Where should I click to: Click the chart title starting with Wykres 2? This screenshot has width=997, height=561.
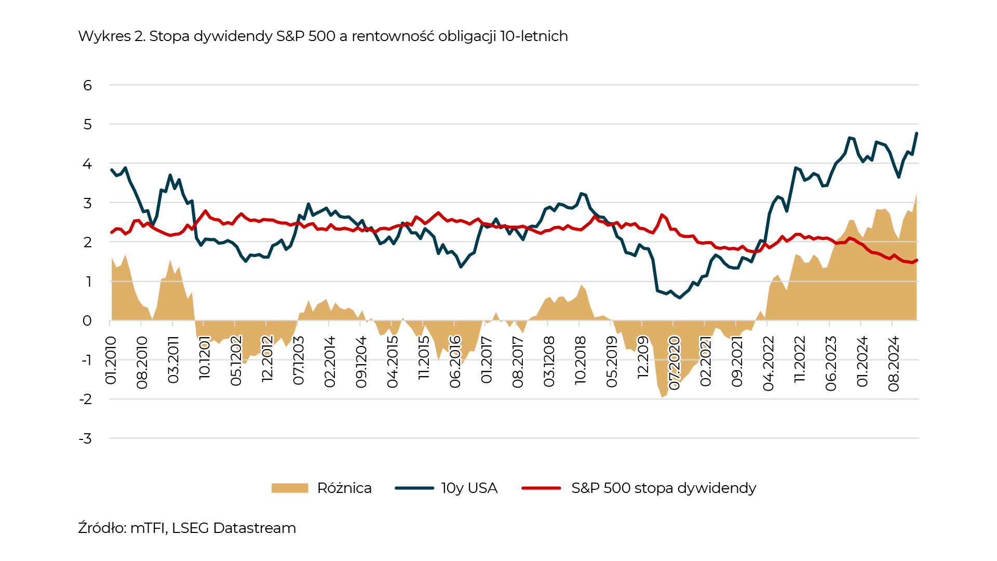(x=322, y=36)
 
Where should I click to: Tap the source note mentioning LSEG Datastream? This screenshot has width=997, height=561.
(x=187, y=528)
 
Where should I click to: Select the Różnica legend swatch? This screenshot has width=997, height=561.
(x=290, y=488)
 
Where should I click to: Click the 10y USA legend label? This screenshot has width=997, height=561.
(x=469, y=488)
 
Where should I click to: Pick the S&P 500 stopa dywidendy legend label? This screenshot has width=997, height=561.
(x=663, y=488)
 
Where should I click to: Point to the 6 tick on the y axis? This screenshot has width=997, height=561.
(x=87, y=85)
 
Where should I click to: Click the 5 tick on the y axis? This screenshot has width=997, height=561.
(x=87, y=125)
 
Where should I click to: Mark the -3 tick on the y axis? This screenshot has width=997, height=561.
(x=86, y=439)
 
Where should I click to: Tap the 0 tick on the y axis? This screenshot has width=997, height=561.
(x=87, y=321)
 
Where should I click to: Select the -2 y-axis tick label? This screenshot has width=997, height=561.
(x=86, y=399)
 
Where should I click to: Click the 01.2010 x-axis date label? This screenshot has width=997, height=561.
(x=111, y=360)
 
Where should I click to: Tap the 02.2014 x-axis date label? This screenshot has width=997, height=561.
(x=330, y=362)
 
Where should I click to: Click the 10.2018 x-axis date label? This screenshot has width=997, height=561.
(x=580, y=360)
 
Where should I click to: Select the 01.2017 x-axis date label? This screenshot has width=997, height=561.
(x=486, y=360)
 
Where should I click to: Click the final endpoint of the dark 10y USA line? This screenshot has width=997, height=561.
(x=917, y=133)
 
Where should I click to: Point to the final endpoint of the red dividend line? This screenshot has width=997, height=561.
(x=917, y=260)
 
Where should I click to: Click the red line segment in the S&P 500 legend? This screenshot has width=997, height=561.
(x=541, y=488)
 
